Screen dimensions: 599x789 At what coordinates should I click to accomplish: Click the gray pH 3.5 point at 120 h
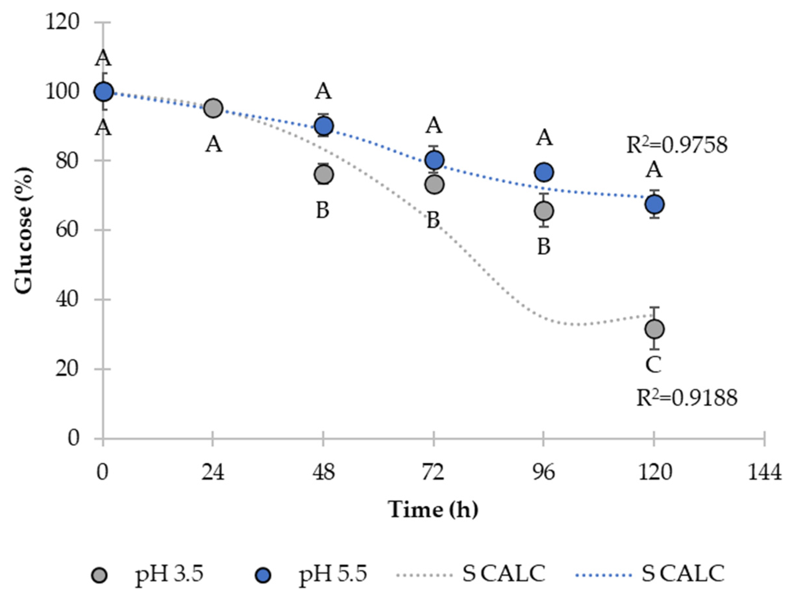[x=654, y=329]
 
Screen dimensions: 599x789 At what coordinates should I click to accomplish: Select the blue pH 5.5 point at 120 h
[x=654, y=204]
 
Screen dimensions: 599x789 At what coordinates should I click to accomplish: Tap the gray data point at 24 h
[x=213, y=108]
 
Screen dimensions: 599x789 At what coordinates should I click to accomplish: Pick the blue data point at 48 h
[x=323, y=126]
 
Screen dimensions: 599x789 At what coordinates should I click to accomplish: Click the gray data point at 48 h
[x=323, y=175]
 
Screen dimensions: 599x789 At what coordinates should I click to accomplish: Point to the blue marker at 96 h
[x=544, y=172]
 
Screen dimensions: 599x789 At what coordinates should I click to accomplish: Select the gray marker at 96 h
[x=544, y=211]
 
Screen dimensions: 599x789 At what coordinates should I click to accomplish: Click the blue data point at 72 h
[x=434, y=160]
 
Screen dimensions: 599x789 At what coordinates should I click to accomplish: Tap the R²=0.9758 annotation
[x=677, y=145]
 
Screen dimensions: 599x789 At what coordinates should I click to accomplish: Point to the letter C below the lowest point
[x=654, y=365]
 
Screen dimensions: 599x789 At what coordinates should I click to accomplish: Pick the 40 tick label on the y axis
[x=66, y=299]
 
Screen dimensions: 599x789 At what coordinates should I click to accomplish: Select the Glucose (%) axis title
[x=24, y=230]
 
